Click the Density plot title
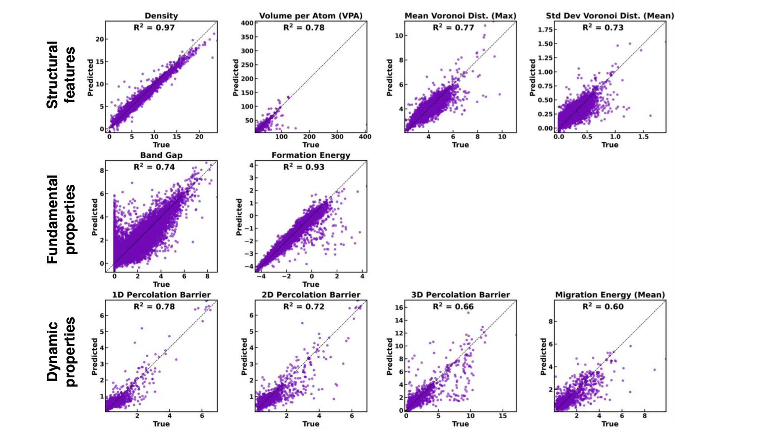tap(161, 16)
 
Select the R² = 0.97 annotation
tap(154, 28)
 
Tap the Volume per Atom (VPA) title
tap(311, 16)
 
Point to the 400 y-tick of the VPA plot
tap(247, 23)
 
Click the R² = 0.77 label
tap(453, 28)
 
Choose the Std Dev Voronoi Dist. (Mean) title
tap(610, 16)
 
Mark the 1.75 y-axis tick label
tap(545, 30)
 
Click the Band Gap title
tap(161, 155)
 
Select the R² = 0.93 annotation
tap(304, 167)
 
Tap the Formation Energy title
tap(311, 155)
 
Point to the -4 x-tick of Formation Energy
tap(261, 277)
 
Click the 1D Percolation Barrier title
tap(161, 295)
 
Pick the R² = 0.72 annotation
tap(304, 306)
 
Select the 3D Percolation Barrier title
tap(461, 295)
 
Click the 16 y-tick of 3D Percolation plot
tap(399, 308)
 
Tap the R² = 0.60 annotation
tap(603, 306)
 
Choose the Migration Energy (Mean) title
tap(610, 295)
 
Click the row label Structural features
tap(61, 75)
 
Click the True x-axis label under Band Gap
tap(161, 284)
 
